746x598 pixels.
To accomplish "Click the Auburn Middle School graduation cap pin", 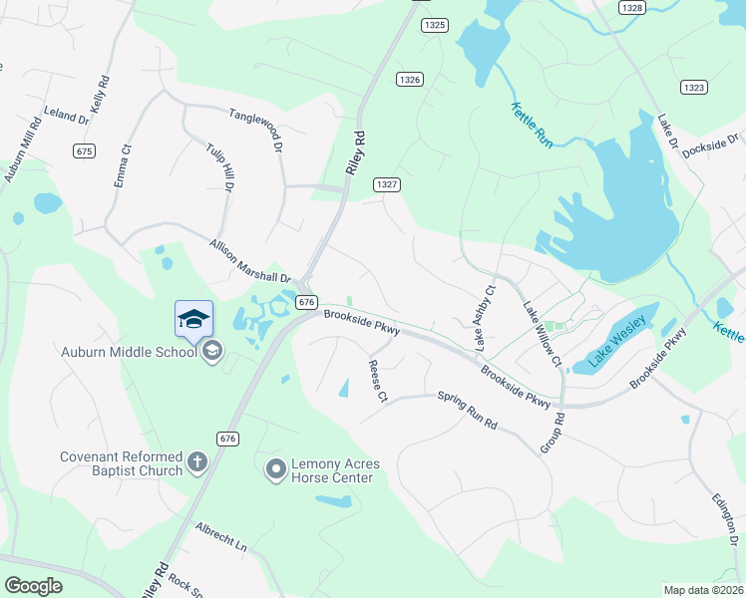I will pos(193,319).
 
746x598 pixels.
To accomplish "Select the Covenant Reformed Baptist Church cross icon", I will pos(197,461).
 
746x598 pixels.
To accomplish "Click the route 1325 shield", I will pos(434,25).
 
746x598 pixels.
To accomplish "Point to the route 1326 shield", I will pos(409,79).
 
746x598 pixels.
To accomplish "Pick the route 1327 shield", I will pos(388,184).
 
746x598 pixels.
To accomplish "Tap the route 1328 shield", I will pos(630,7).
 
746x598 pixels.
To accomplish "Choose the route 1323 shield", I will pos(695,88).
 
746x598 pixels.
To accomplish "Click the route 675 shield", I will pos(84,150).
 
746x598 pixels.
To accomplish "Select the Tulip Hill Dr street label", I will pos(220,159).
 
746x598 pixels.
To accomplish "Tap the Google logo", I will pos(34,586).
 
